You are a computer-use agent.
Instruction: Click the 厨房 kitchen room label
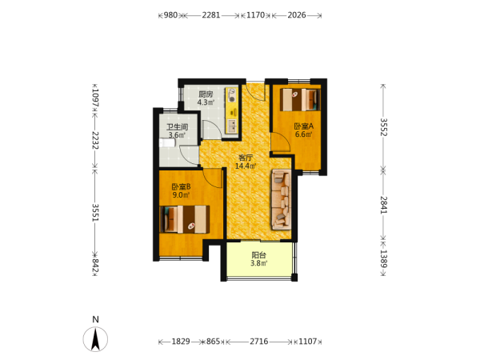(206, 94)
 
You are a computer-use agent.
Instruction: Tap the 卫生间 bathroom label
(178, 126)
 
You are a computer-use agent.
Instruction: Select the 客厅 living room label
(246, 158)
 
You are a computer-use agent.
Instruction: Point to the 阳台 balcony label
(259, 255)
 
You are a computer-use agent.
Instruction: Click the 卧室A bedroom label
(304, 126)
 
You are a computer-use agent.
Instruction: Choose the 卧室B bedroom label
(181, 186)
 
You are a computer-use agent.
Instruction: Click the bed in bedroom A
(300, 99)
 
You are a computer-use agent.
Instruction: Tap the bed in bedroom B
(185, 219)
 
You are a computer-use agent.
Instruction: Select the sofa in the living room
(281, 199)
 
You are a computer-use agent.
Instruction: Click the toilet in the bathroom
(167, 143)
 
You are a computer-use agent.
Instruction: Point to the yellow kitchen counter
(231, 111)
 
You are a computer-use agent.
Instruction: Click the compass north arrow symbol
(95, 339)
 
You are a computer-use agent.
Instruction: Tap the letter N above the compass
(95, 319)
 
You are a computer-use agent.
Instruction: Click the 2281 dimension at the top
(211, 15)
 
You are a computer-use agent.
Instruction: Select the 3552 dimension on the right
(383, 127)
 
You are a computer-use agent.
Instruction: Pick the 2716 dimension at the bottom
(259, 342)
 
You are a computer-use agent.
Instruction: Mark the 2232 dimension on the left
(95, 141)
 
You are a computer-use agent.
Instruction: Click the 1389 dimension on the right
(383, 258)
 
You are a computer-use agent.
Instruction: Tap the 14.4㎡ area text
(246, 166)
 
